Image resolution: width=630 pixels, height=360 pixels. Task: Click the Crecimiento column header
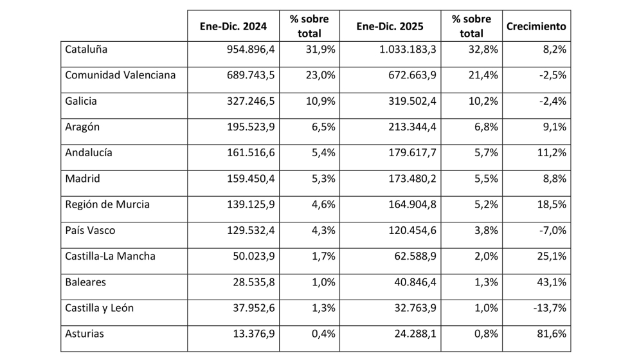tap(536, 27)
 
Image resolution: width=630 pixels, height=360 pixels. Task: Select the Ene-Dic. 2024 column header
tap(233, 27)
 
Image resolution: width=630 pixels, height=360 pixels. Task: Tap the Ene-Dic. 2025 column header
tap(390, 27)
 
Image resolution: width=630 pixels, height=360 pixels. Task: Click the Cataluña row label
tap(86, 49)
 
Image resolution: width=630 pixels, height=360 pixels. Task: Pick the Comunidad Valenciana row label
tap(120, 75)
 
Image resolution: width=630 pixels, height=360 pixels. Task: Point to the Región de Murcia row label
tap(107, 204)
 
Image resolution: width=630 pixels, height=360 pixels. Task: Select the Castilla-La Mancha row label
tap(110, 256)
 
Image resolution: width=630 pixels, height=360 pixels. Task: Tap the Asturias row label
tap(84, 334)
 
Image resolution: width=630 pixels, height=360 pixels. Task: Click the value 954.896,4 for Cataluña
tap(249, 49)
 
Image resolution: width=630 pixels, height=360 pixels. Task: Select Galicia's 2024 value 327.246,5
tap(249, 101)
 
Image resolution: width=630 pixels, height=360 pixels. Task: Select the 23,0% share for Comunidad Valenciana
tap(319, 75)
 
